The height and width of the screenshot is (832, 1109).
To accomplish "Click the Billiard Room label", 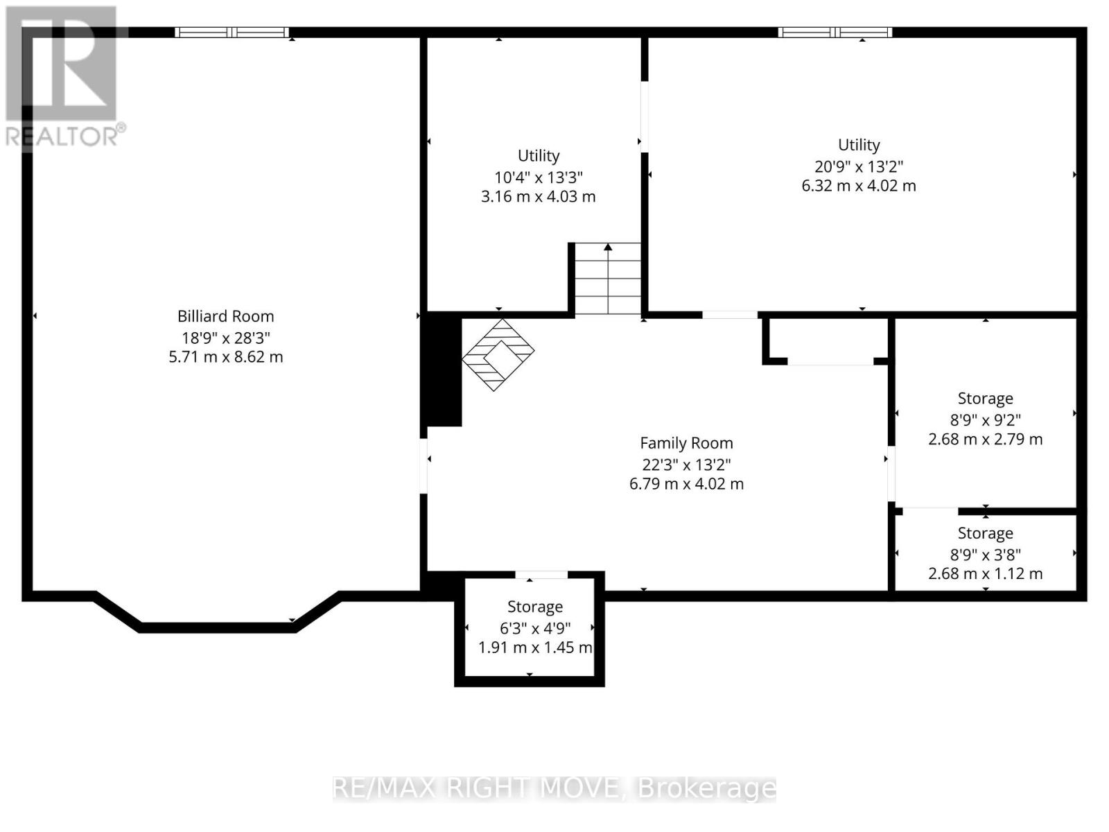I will (x=225, y=316).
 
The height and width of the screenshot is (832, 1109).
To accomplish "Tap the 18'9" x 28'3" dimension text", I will (x=225, y=338).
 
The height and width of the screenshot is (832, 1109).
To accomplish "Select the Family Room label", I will (x=686, y=443).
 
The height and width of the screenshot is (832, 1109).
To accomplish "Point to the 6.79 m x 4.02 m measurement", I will (x=686, y=484).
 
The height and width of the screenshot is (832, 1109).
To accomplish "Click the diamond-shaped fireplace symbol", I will (x=498, y=354).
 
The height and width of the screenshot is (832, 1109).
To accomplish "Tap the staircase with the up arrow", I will (x=608, y=279).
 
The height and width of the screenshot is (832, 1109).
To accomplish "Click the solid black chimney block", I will (x=442, y=369).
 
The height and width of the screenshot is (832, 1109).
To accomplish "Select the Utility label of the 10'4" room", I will (x=538, y=156).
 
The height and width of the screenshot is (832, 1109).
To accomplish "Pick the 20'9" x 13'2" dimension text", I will (x=858, y=166).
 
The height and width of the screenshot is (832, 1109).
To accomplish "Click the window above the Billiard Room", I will (x=232, y=32).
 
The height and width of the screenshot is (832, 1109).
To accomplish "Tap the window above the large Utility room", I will (x=835, y=32).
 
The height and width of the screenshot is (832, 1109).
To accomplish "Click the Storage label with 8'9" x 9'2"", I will (x=985, y=399).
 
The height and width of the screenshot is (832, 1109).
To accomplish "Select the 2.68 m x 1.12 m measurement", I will (x=985, y=573).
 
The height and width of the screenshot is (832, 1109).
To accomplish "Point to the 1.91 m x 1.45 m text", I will (x=534, y=648).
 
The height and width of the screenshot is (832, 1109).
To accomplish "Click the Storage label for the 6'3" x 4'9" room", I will (x=534, y=607).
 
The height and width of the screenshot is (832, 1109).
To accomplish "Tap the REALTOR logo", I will (x=62, y=76).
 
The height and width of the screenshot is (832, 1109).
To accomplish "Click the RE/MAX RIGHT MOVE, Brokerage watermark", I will (x=554, y=788).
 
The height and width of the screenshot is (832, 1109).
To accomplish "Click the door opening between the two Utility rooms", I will (x=644, y=116).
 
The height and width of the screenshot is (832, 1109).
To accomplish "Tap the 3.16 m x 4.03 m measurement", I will (x=538, y=196).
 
